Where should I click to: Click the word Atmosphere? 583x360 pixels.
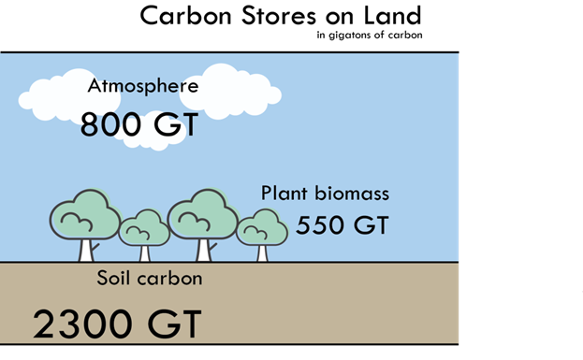(x=143, y=86)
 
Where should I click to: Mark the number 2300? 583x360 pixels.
(x=80, y=324)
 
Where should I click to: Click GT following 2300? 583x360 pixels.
(x=173, y=324)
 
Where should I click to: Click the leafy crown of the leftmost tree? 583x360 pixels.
(x=84, y=216)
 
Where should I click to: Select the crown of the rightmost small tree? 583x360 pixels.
(x=261, y=227)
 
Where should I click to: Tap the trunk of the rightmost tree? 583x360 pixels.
(x=262, y=252)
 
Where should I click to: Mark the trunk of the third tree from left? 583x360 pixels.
(x=203, y=250)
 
